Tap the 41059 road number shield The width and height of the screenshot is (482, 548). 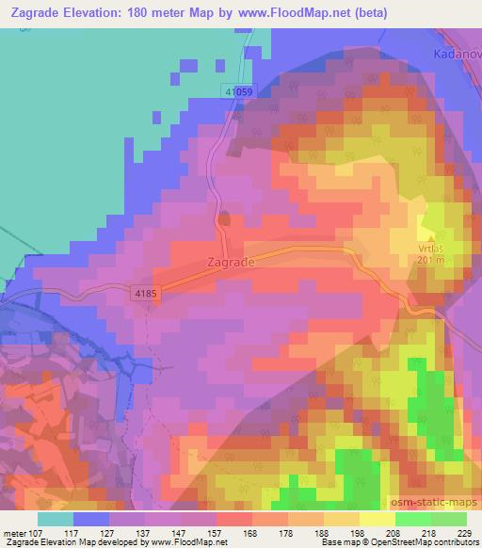239,91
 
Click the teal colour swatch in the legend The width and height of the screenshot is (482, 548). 56,518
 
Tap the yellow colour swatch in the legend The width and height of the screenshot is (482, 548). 377,518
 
